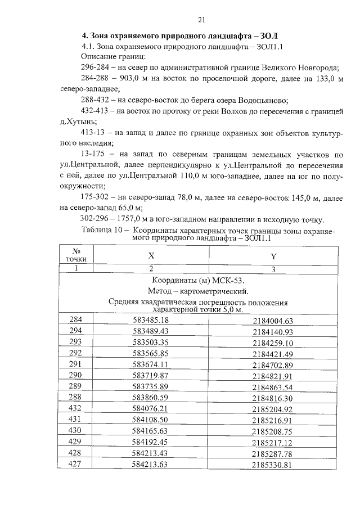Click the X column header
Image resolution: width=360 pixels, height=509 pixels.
[151, 255]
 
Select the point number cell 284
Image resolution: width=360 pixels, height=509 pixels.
[75, 320]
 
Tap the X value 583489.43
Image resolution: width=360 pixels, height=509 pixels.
[151, 331]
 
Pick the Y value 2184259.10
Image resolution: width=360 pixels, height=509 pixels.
[273, 342]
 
